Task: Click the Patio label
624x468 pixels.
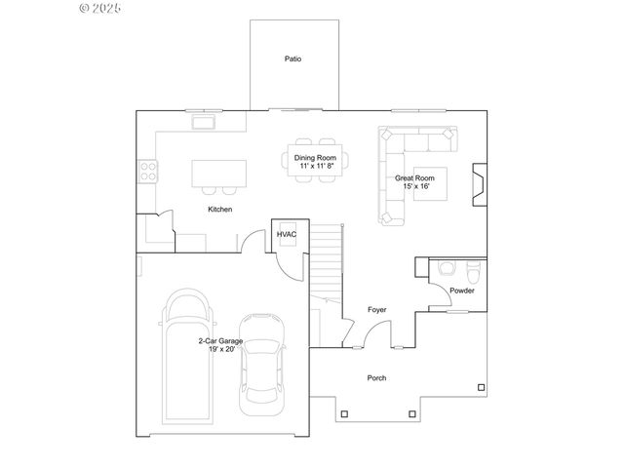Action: [292, 59]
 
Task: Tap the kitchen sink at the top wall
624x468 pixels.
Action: [205, 122]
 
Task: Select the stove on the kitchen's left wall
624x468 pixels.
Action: [149, 173]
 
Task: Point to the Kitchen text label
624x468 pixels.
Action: [219, 210]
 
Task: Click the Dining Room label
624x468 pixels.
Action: [315, 158]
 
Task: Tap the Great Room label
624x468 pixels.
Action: [414, 178]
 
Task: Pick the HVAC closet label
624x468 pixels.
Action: [287, 235]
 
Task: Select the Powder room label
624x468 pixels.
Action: [462, 291]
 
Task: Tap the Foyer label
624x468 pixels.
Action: [376, 310]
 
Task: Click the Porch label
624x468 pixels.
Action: [376, 378]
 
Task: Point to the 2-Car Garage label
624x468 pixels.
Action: [220, 341]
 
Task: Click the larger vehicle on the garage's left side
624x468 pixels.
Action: [187, 356]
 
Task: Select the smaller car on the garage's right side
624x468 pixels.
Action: [260, 358]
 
